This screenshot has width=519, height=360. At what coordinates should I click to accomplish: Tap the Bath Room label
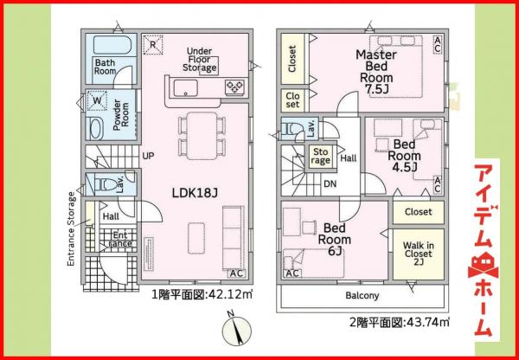[105, 67]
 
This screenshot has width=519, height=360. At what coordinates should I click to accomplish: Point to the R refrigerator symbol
[153, 45]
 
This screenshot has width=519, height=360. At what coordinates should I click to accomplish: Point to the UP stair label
[147, 157]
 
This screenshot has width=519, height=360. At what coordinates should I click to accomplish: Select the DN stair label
[330, 183]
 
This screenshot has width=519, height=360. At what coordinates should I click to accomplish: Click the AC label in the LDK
[236, 273]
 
